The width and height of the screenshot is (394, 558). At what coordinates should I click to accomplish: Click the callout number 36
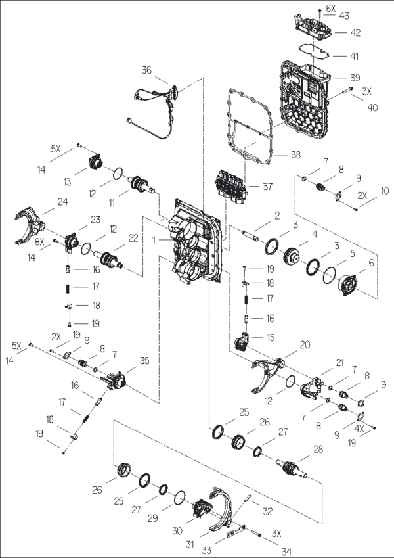coord(146,70)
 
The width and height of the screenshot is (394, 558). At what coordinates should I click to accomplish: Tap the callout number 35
coord(144,361)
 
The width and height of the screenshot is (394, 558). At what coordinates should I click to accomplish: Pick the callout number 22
coord(133,239)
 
